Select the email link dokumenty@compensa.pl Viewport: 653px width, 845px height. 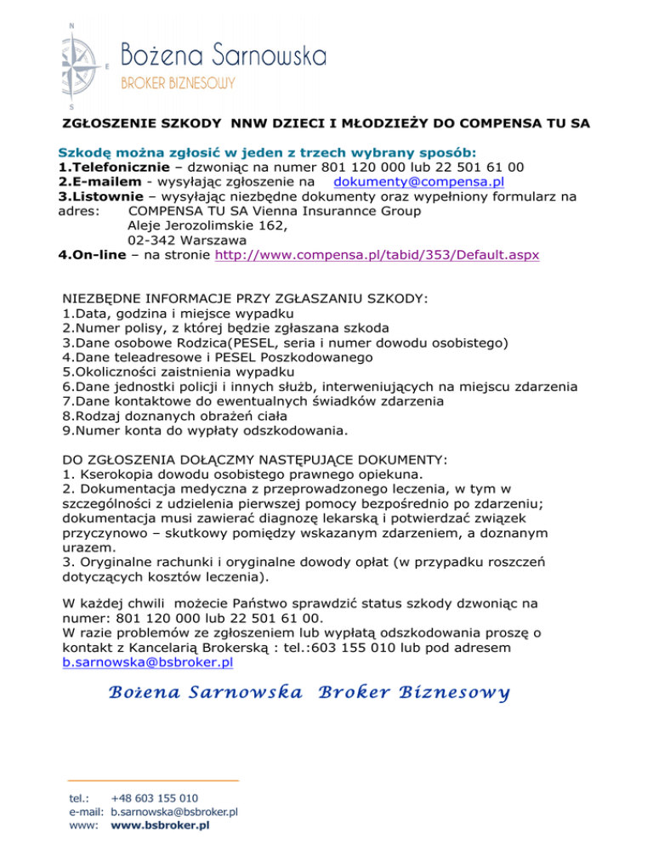(x=420, y=181)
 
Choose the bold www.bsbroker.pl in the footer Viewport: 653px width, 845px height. (x=161, y=825)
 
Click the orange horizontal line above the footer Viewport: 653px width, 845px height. (x=153, y=780)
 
